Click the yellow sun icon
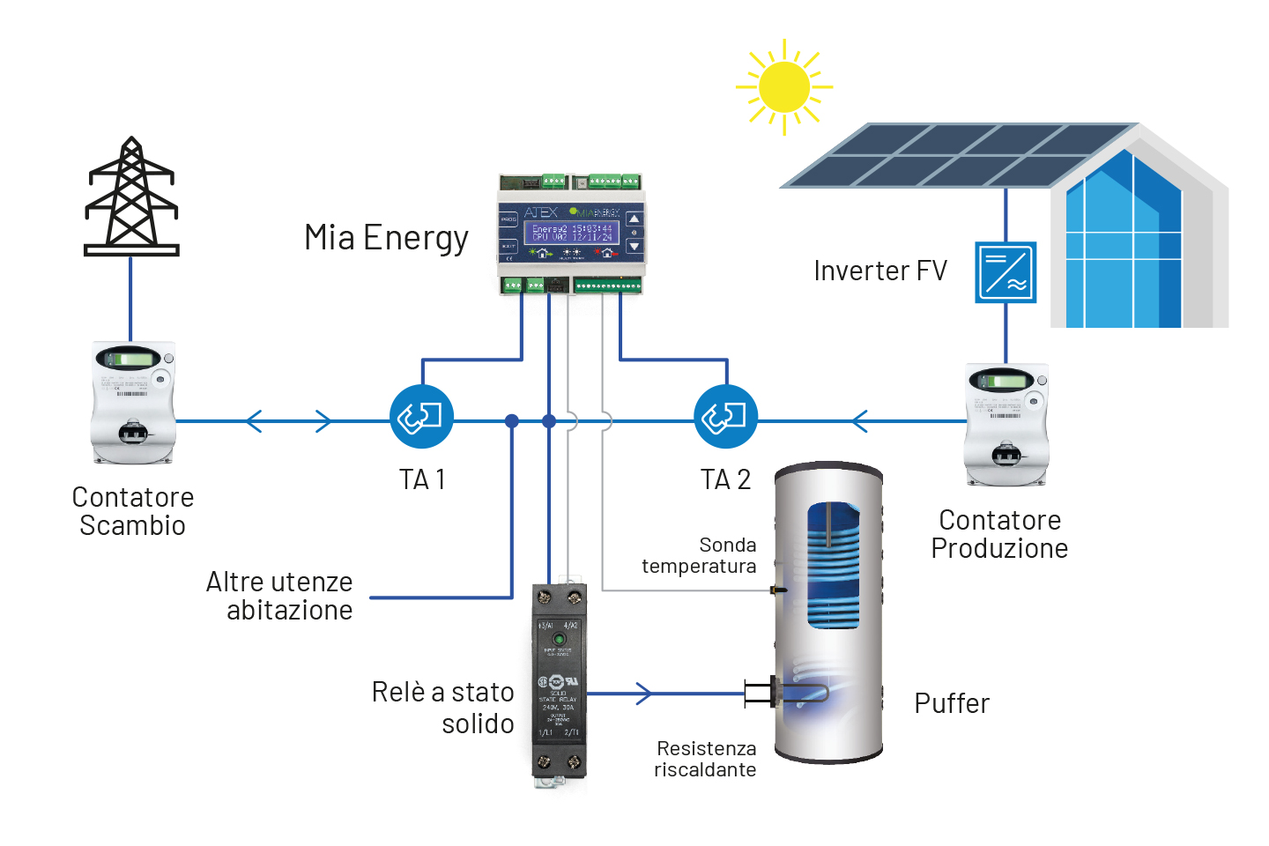pos(783,87)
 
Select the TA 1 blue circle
pos(421,417)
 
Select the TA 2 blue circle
pos(725,417)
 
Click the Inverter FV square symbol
pos(1006,272)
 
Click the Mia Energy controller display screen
pos(571,233)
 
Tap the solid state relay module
pos(559,683)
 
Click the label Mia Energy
pos(386,238)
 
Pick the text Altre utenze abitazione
pos(280,596)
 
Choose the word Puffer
pos(952,703)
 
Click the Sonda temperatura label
pos(700,555)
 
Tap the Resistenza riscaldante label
pos(705,759)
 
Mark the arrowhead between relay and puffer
pos(645,694)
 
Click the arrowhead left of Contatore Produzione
pos(859,421)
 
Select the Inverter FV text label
pos(879,271)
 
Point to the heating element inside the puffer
pos(793,694)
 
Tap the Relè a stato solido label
pos(443,708)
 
